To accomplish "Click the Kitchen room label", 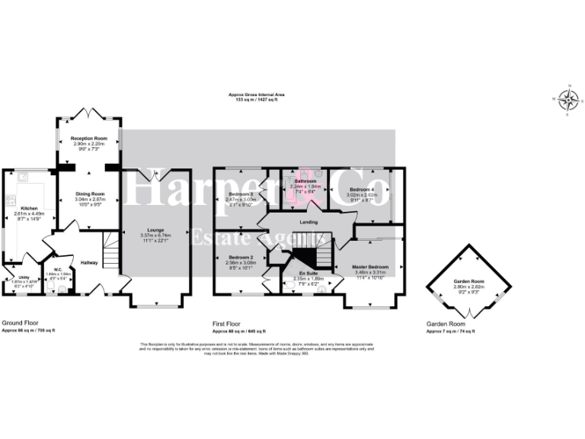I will click(29, 207).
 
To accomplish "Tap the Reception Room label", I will click(89, 138).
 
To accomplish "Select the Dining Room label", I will click(89, 194).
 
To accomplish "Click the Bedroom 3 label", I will click(240, 194).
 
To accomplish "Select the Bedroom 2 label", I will click(240, 258).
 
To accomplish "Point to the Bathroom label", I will click(305, 181).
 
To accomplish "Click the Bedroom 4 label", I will click(362, 189).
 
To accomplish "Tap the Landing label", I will click(308, 222).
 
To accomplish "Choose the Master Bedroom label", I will click(370, 267).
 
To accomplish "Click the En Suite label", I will click(308, 272).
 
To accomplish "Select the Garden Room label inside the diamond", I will click(468, 281).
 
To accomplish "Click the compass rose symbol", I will click(567, 99).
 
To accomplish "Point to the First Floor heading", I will click(229, 323).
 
